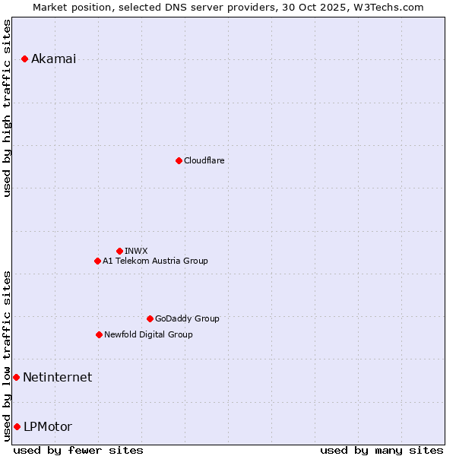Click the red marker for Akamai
pyautogui.click(x=25, y=59)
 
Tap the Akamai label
pyautogui.click(x=53, y=59)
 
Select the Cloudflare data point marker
pyautogui.click(x=179, y=160)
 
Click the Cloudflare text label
pyautogui.click(x=204, y=160)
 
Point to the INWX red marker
pyautogui.click(x=119, y=251)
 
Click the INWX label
pyautogui.click(x=136, y=251)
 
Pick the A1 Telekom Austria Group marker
pyautogui.click(x=97, y=261)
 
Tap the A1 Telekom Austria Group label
pyautogui.click(x=155, y=261)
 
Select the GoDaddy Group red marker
pyautogui.click(x=150, y=318)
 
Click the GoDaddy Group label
pyautogui.click(x=187, y=318)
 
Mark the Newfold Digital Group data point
pyautogui.click(x=99, y=334)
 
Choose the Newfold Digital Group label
pyautogui.click(x=148, y=334)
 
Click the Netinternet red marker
pyautogui.click(x=16, y=377)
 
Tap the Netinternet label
pyautogui.click(x=57, y=377)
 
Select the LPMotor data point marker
pyautogui.click(x=17, y=426)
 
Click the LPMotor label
pyautogui.click(x=47, y=426)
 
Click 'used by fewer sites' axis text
pyautogui.click(x=78, y=450)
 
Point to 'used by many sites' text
pyautogui.click(x=382, y=450)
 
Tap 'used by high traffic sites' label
pyautogui.click(x=8, y=108)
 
